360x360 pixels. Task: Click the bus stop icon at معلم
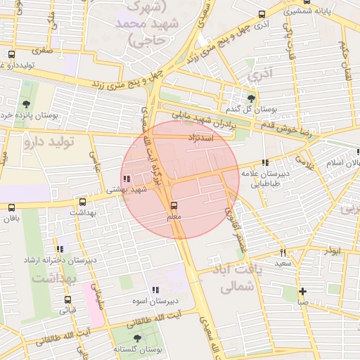(x=174, y=205)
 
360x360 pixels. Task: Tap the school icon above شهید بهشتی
(x=127, y=179)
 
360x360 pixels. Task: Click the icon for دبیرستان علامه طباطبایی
(x=264, y=162)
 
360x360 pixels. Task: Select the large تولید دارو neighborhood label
(x=49, y=143)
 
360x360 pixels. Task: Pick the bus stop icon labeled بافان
(x=11, y=207)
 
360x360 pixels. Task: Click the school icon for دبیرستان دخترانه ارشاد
(x=61, y=249)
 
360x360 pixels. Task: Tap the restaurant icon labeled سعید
(x=283, y=252)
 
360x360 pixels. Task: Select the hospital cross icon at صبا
(x=302, y=291)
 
